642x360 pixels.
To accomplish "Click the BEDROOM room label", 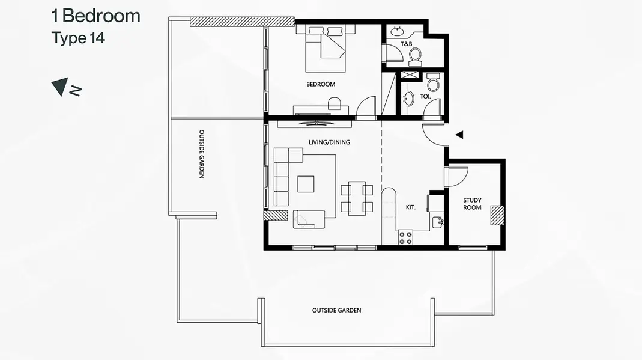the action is point(321,84).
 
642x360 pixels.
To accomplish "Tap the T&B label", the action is point(406,44).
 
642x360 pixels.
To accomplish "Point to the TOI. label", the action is point(425,96).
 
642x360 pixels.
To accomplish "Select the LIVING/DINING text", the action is point(329,142).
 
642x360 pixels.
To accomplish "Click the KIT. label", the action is point(410,207).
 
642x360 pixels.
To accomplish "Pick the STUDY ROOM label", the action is point(472,204).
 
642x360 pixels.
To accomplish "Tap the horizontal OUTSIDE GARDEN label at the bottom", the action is point(336,311).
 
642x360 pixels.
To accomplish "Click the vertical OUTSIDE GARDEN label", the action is point(201,154).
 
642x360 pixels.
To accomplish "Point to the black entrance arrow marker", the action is point(459,135).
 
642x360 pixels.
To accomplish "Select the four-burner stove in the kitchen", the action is point(406,238).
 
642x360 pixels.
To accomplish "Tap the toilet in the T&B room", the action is point(415,57).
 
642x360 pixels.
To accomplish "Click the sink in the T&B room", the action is point(396,31).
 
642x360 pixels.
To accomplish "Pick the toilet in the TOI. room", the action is point(433,82).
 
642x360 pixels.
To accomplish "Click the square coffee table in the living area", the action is point(306,184).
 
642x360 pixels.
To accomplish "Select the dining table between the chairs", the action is point(357,198).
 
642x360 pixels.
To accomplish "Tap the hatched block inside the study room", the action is point(497,215).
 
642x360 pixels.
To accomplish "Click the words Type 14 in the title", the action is point(78,38).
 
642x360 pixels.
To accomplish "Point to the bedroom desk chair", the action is point(334,103).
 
